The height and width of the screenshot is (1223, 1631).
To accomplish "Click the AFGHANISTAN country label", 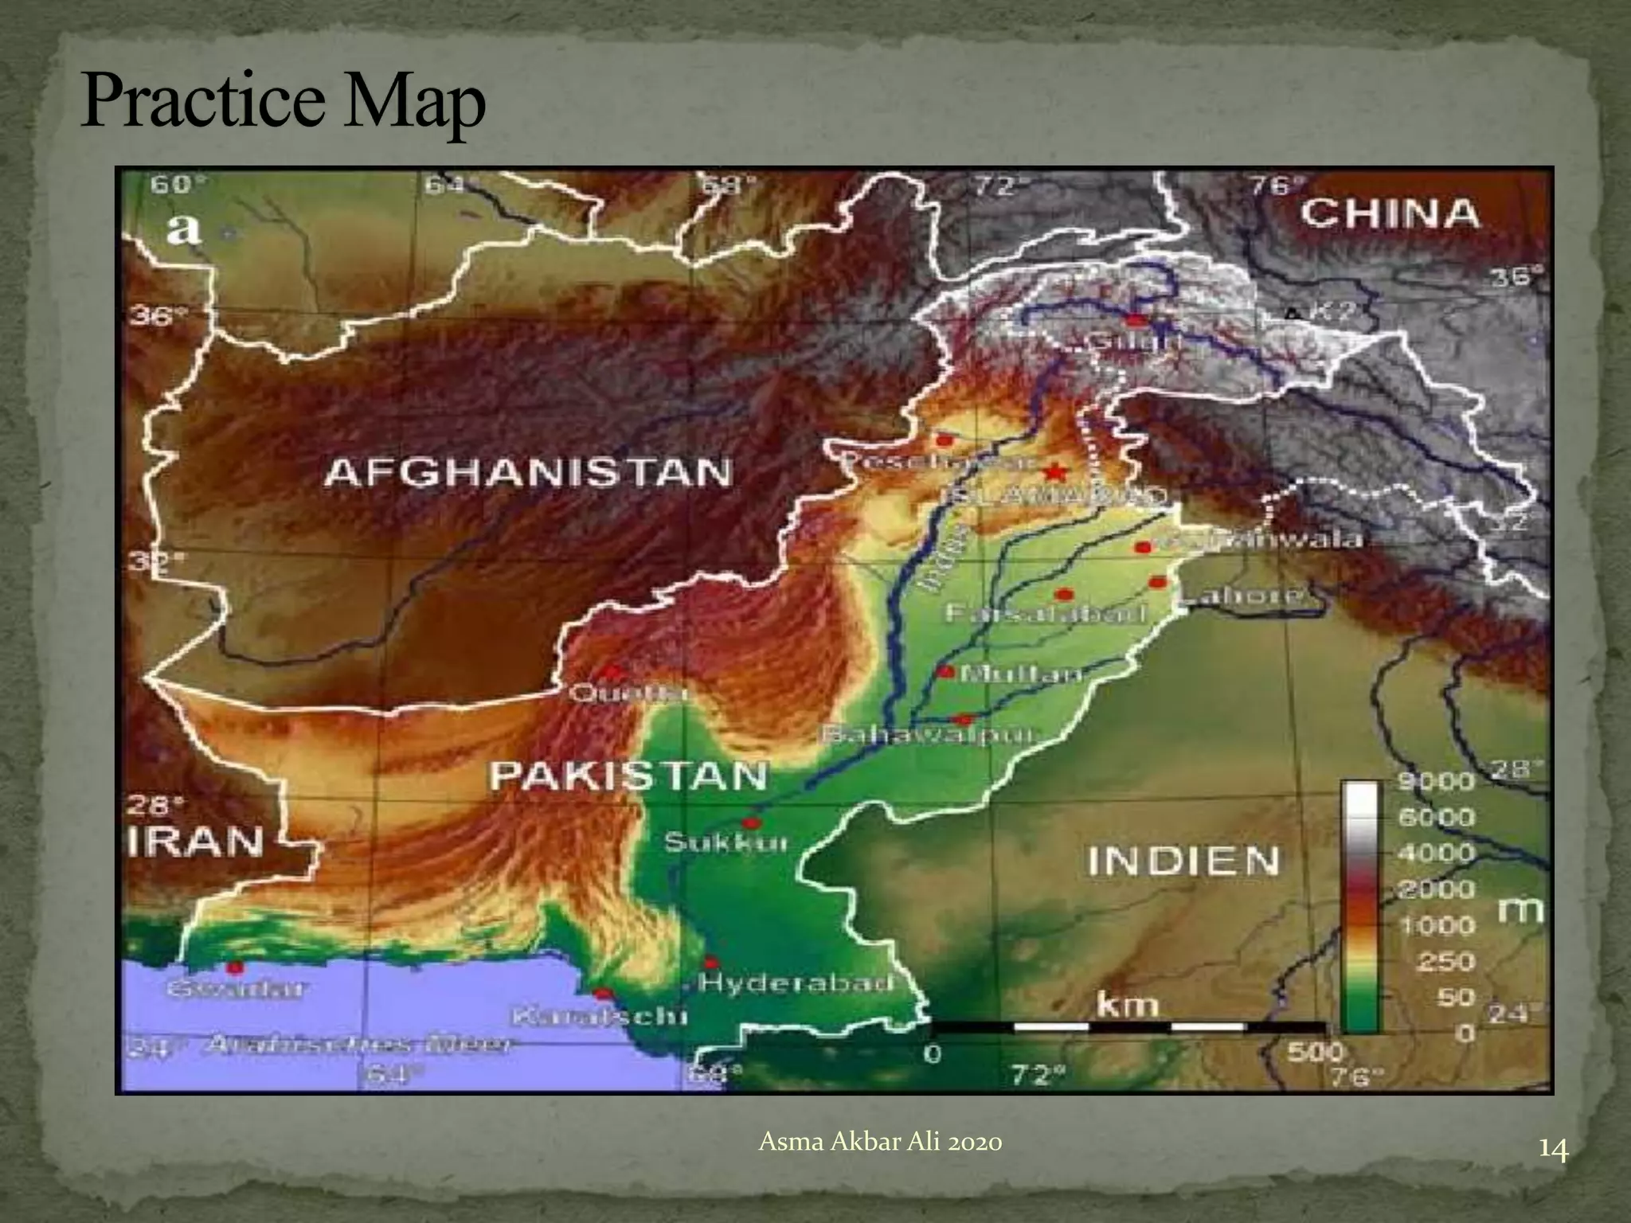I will [x=529, y=474].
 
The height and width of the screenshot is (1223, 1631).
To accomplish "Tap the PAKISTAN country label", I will [x=628, y=775].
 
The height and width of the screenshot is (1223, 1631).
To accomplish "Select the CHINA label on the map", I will [x=1390, y=214].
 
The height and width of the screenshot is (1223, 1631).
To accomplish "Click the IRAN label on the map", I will [x=196, y=842].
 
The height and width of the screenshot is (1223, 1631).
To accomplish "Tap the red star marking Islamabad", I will [x=1055, y=472].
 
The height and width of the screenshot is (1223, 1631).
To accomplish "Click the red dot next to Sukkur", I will [x=751, y=822].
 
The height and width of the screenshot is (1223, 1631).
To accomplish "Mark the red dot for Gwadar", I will [x=234, y=967].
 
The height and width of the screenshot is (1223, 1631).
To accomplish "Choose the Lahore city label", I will [x=1242, y=594].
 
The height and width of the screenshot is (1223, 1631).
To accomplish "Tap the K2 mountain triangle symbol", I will [x=1293, y=313].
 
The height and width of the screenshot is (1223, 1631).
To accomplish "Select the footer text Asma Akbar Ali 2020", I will [x=880, y=1143].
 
